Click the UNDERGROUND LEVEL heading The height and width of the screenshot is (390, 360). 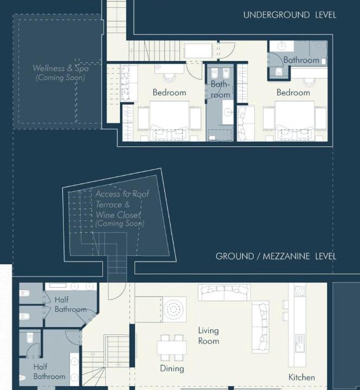coord(290,15)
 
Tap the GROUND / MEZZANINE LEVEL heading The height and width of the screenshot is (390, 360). coord(276,256)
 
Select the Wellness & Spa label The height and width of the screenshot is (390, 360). coord(61,68)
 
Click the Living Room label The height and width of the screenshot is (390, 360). coord(209,336)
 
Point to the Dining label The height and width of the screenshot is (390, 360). coord(172,368)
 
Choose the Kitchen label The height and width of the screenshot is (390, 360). coord(301,378)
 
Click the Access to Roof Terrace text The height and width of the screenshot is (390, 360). coord(122,199)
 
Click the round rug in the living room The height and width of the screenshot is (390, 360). coord(175,309)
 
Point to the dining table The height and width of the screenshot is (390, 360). coord(171,347)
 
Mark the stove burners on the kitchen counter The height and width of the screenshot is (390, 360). coord(300,291)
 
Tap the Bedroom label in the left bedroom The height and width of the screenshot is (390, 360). coord(169,93)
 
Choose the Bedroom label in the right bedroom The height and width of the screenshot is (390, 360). coord(293,93)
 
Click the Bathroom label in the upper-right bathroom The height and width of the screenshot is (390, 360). coord(301,60)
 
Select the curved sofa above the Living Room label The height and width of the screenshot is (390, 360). coord(224,292)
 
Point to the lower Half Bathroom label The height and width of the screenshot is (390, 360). coord(49,372)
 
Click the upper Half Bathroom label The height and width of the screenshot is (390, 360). coord(70,304)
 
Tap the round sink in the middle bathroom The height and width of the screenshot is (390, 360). coord(228,113)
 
